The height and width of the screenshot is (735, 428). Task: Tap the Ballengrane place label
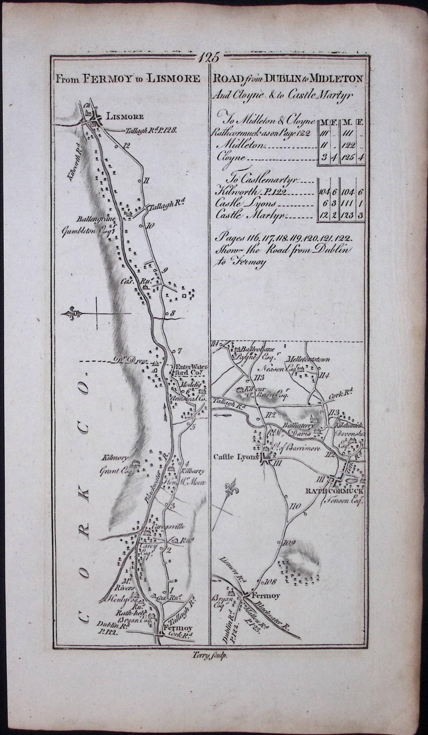tap(97, 219)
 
